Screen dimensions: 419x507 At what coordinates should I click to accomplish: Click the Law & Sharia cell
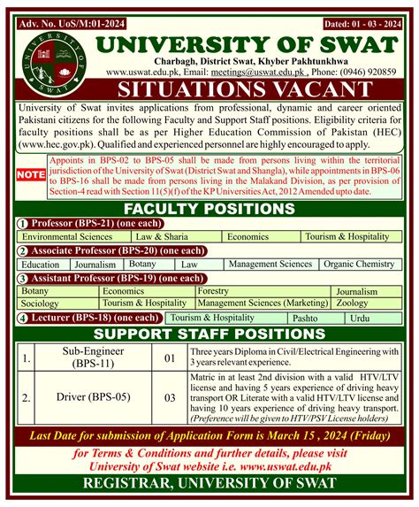click(x=165, y=238)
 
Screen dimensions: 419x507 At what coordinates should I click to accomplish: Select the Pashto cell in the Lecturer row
click(x=304, y=317)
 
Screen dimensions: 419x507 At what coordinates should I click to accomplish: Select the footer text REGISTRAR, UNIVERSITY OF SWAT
click(x=209, y=482)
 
